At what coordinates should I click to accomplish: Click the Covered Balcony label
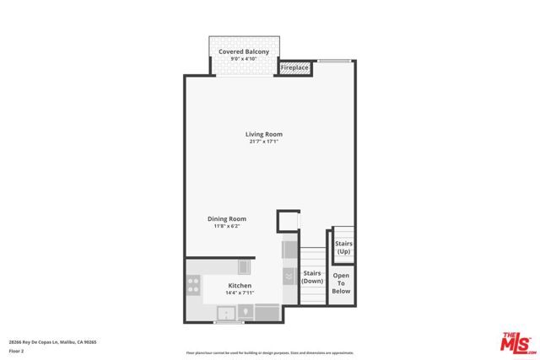pos(244,51)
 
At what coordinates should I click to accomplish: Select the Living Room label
pos(263,134)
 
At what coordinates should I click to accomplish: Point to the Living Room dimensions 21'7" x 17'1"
pos(263,142)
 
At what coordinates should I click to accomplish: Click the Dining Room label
pos(227,219)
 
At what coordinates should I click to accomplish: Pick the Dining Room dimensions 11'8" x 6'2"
pos(227,227)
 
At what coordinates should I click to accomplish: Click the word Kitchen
pos(240,285)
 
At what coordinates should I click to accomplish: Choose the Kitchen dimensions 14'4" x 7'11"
pos(240,293)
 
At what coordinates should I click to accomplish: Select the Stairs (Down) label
pos(312,277)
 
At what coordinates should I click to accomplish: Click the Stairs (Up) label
pos(343,248)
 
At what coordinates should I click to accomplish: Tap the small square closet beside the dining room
pos(288,222)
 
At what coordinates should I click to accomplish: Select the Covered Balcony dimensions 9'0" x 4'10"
pos(244,59)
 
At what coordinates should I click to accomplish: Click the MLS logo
pos(517,341)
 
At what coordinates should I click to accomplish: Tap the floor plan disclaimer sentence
pos(269,352)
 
